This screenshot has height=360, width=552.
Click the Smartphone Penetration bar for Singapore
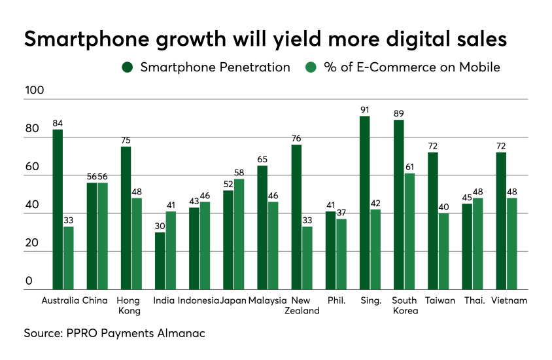[365, 203]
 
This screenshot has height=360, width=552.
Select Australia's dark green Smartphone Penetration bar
[58, 209]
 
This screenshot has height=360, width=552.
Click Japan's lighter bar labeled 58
[239, 234]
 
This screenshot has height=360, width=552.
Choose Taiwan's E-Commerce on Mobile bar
[443, 251]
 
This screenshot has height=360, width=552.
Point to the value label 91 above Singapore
[365, 110]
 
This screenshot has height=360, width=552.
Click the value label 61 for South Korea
[409, 168]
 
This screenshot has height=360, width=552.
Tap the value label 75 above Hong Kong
[126, 141]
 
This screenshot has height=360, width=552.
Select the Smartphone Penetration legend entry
[205, 67]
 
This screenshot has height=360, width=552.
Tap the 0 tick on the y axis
[29, 281]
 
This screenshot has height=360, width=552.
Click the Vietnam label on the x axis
[511, 300]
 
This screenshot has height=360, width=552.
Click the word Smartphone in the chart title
[86, 39]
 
